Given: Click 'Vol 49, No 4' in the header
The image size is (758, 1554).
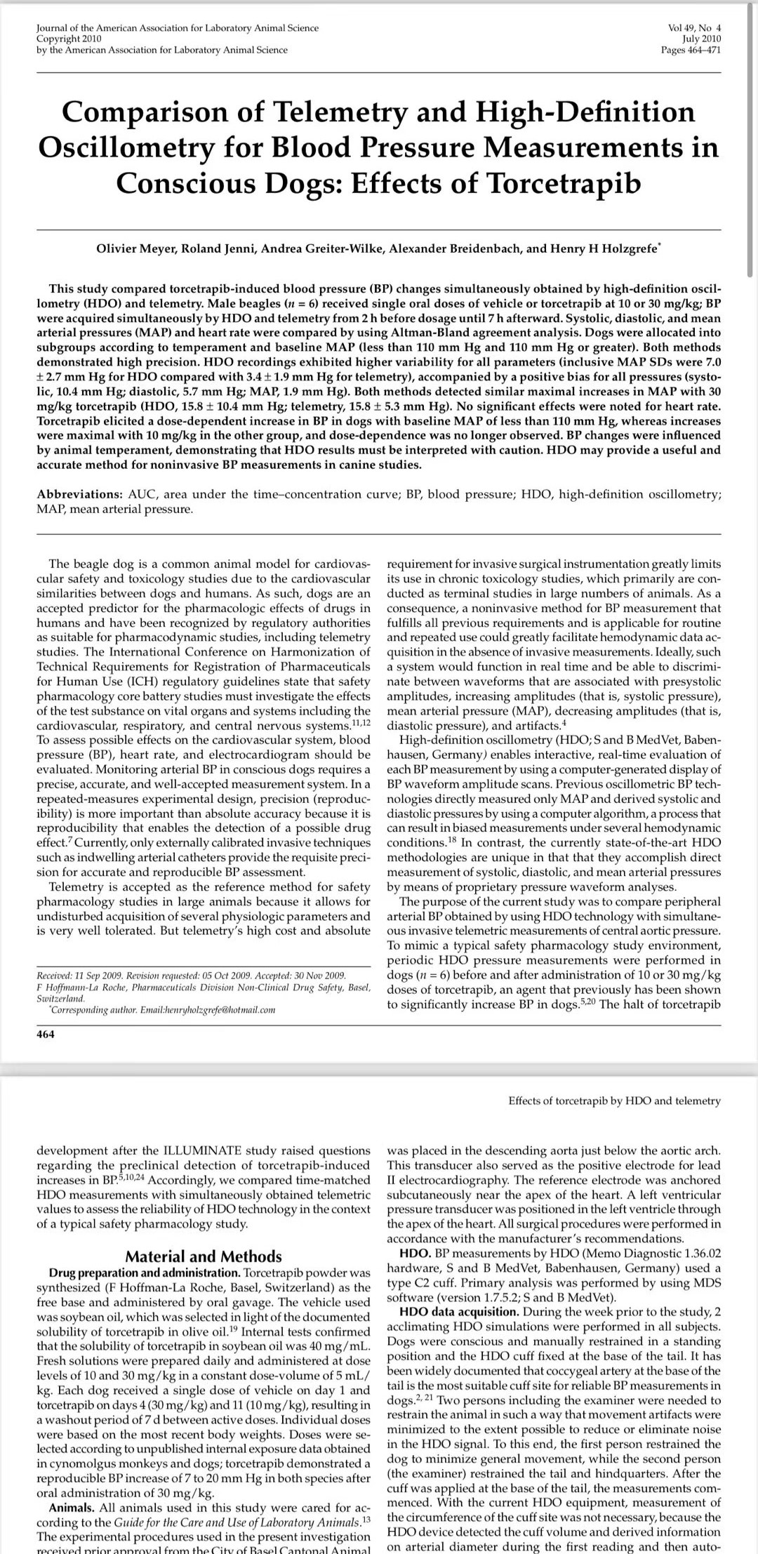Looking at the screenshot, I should point(694,28).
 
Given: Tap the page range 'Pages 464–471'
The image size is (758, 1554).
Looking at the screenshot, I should point(691,49).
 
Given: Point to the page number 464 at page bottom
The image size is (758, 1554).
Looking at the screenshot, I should point(46,1034).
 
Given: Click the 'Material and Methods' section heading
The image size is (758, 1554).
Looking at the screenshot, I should point(203,1256).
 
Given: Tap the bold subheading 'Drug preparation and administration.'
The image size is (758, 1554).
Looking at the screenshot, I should point(143,1273).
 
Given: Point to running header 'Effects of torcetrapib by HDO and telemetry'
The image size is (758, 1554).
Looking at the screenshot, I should point(614,1101).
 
